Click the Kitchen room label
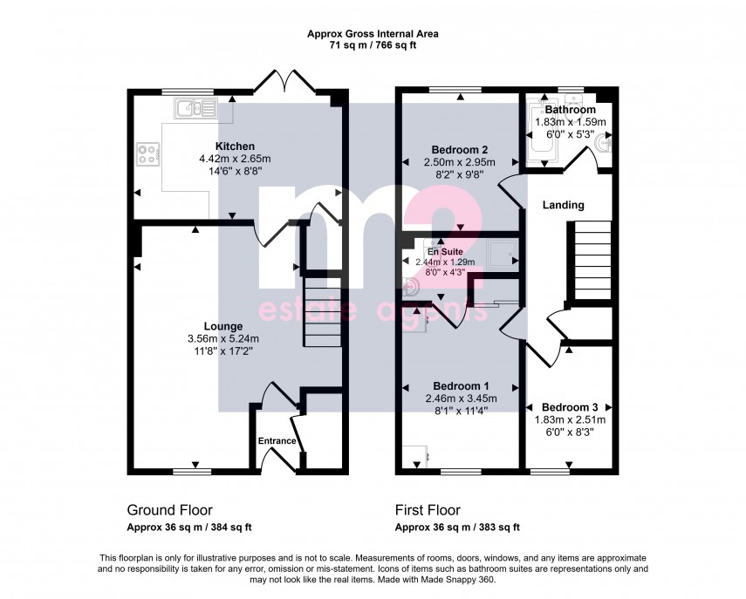point(235,146)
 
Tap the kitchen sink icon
point(196,108)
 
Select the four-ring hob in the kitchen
point(147,155)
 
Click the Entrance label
point(277,441)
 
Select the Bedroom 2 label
point(459,149)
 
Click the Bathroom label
point(570,111)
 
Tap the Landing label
point(563,205)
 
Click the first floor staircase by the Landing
point(594,261)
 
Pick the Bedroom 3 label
point(570,407)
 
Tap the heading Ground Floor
point(169,510)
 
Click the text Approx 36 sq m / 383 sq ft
point(457,528)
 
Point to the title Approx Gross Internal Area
point(373,34)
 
